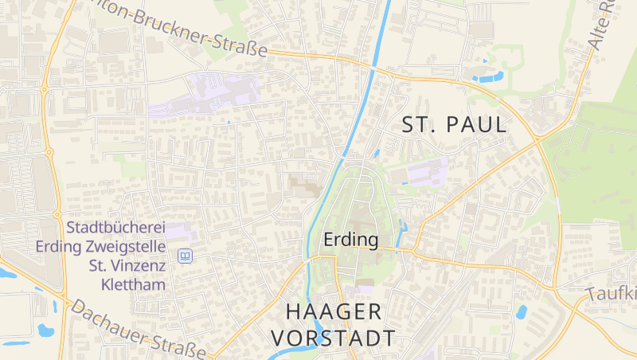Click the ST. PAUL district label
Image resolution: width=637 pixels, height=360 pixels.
pyautogui.click(x=455, y=125)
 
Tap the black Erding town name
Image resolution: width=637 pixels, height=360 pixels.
pyautogui.click(x=350, y=239)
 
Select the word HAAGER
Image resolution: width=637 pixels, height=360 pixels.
pyautogui.click(x=333, y=311)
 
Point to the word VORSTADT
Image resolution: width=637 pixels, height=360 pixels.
pyautogui.click(x=333, y=338)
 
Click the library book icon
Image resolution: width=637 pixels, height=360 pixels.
pyautogui.click(x=185, y=256)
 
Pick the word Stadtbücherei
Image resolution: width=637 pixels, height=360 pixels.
pyautogui.click(x=115, y=228)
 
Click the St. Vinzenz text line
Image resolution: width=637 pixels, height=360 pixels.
pyautogui.click(x=127, y=265)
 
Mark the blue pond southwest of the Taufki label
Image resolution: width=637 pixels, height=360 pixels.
pyautogui.click(x=522, y=312)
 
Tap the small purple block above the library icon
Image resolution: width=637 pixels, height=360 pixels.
pyautogui.click(x=178, y=232)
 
